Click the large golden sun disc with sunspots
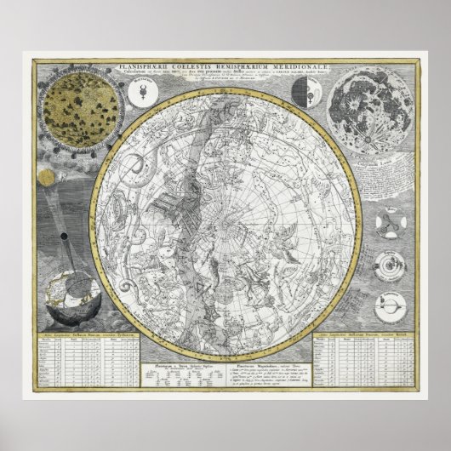pyautogui.click(x=84, y=106)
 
